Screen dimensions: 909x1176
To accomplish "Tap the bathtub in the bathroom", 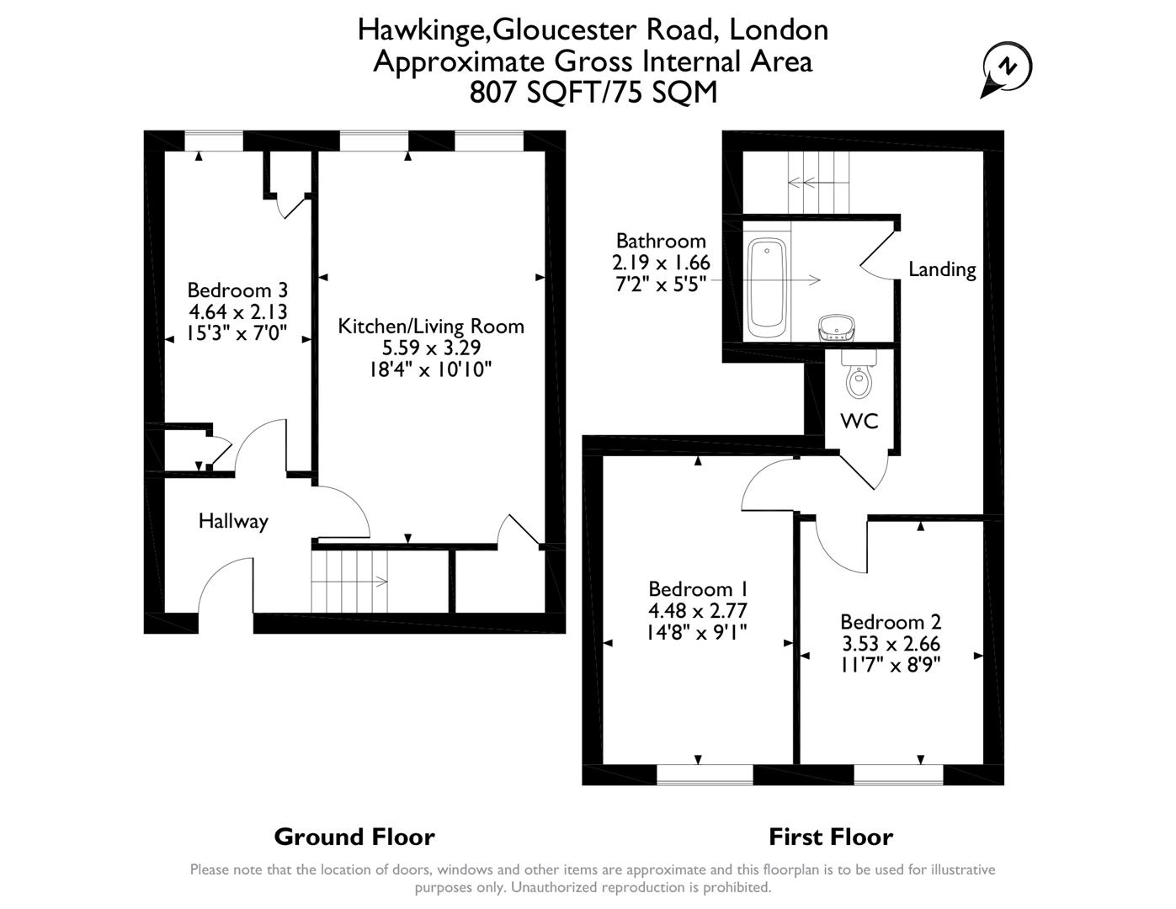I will [767, 283].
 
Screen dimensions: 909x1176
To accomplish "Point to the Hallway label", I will [233, 521].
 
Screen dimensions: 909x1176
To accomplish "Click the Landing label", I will [942, 269].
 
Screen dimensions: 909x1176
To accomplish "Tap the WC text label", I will [859, 421].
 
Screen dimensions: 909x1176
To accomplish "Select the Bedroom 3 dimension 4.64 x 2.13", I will [237, 312].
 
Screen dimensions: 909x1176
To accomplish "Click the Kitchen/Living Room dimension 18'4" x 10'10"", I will [430, 369].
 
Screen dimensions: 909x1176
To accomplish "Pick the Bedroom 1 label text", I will [698, 588].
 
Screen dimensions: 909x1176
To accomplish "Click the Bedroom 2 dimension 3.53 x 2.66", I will [891, 644].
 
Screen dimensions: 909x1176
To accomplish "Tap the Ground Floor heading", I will [354, 837].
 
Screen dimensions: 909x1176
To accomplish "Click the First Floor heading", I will [830, 837].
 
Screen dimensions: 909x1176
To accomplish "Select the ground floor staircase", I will [349, 581].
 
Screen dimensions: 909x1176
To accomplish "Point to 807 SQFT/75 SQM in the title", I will [593, 92].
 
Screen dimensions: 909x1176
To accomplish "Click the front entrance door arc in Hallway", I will [224, 589].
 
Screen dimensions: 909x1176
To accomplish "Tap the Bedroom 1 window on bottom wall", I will [705, 774].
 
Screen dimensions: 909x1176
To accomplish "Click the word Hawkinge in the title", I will [422, 29].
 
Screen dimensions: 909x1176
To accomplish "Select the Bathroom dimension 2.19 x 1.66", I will [661, 263].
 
